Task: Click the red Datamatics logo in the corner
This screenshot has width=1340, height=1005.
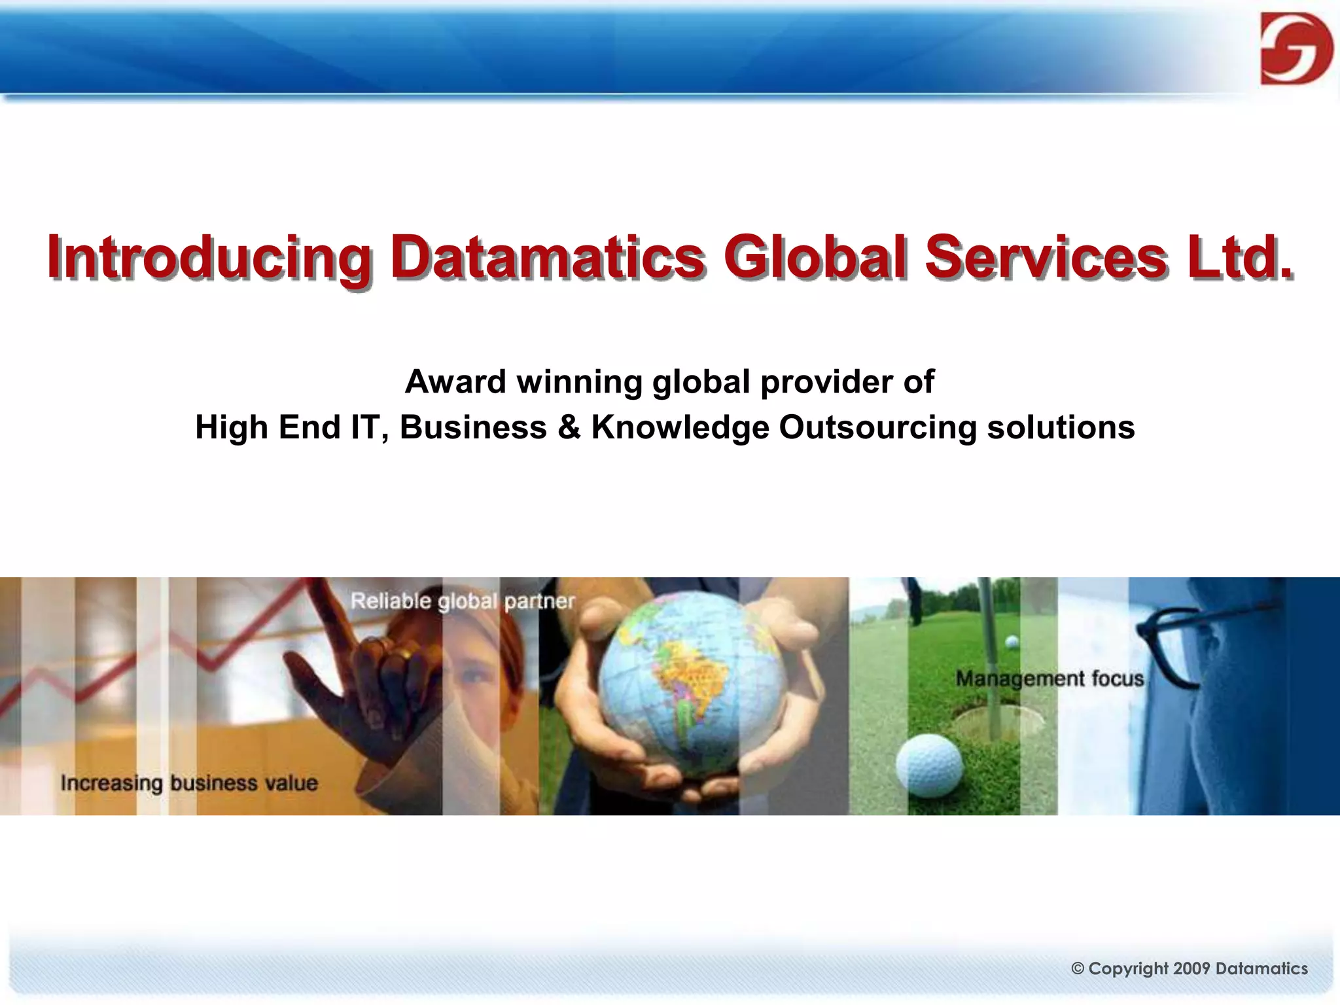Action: (x=1296, y=49)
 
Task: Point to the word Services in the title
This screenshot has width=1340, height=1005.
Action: (x=1046, y=256)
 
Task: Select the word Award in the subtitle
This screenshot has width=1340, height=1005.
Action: (x=455, y=381)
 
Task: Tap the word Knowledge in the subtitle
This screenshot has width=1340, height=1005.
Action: (x=680, y=427)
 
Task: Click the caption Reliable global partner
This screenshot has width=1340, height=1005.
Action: (x=463, y=601)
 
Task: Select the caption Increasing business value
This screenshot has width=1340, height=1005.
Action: (x=189, y=783)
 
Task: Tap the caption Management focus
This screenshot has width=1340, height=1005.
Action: (x=1049, y=679)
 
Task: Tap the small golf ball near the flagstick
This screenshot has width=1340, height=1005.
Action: (x=1012, y=642)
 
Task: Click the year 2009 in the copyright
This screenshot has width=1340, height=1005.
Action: (x=1191, y=968)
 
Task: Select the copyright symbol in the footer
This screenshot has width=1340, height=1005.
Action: (x=1078, y=969)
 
